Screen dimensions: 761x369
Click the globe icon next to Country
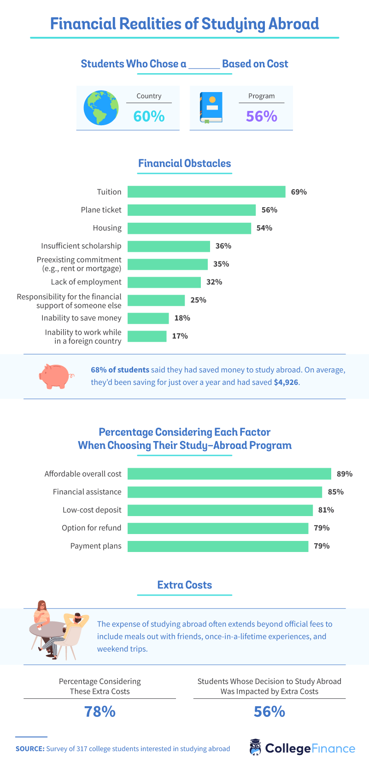(x=101, y=108)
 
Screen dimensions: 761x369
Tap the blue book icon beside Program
(x=211, y=108)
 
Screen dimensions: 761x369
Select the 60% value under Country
(x=149, y=116)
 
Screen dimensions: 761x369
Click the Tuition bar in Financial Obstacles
(x=206, y=192)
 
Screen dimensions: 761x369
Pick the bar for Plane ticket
(x=191, y=210)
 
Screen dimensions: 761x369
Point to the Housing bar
(x=189, y=228)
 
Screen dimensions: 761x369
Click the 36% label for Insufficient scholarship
(x=223, y=246)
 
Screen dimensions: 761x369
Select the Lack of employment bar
(x=164, y=282)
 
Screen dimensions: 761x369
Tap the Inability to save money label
(x=82, y=318)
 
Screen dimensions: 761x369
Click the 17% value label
(x=180, y=336)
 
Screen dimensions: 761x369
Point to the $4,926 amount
(x=286, y=383)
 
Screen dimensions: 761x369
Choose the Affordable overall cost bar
(x=229, y=474)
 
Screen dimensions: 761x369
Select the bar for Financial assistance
(x=224, y=492)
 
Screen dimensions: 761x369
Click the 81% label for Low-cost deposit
(x=326, y=510)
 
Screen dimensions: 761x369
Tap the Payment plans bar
(x=217, y=546)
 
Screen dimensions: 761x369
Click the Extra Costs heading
(x=185, y=585)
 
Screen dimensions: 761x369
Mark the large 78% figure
(x=100, y=712)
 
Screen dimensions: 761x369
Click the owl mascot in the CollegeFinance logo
(x=255, y=748)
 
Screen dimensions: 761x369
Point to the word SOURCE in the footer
(x=29, y=749)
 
